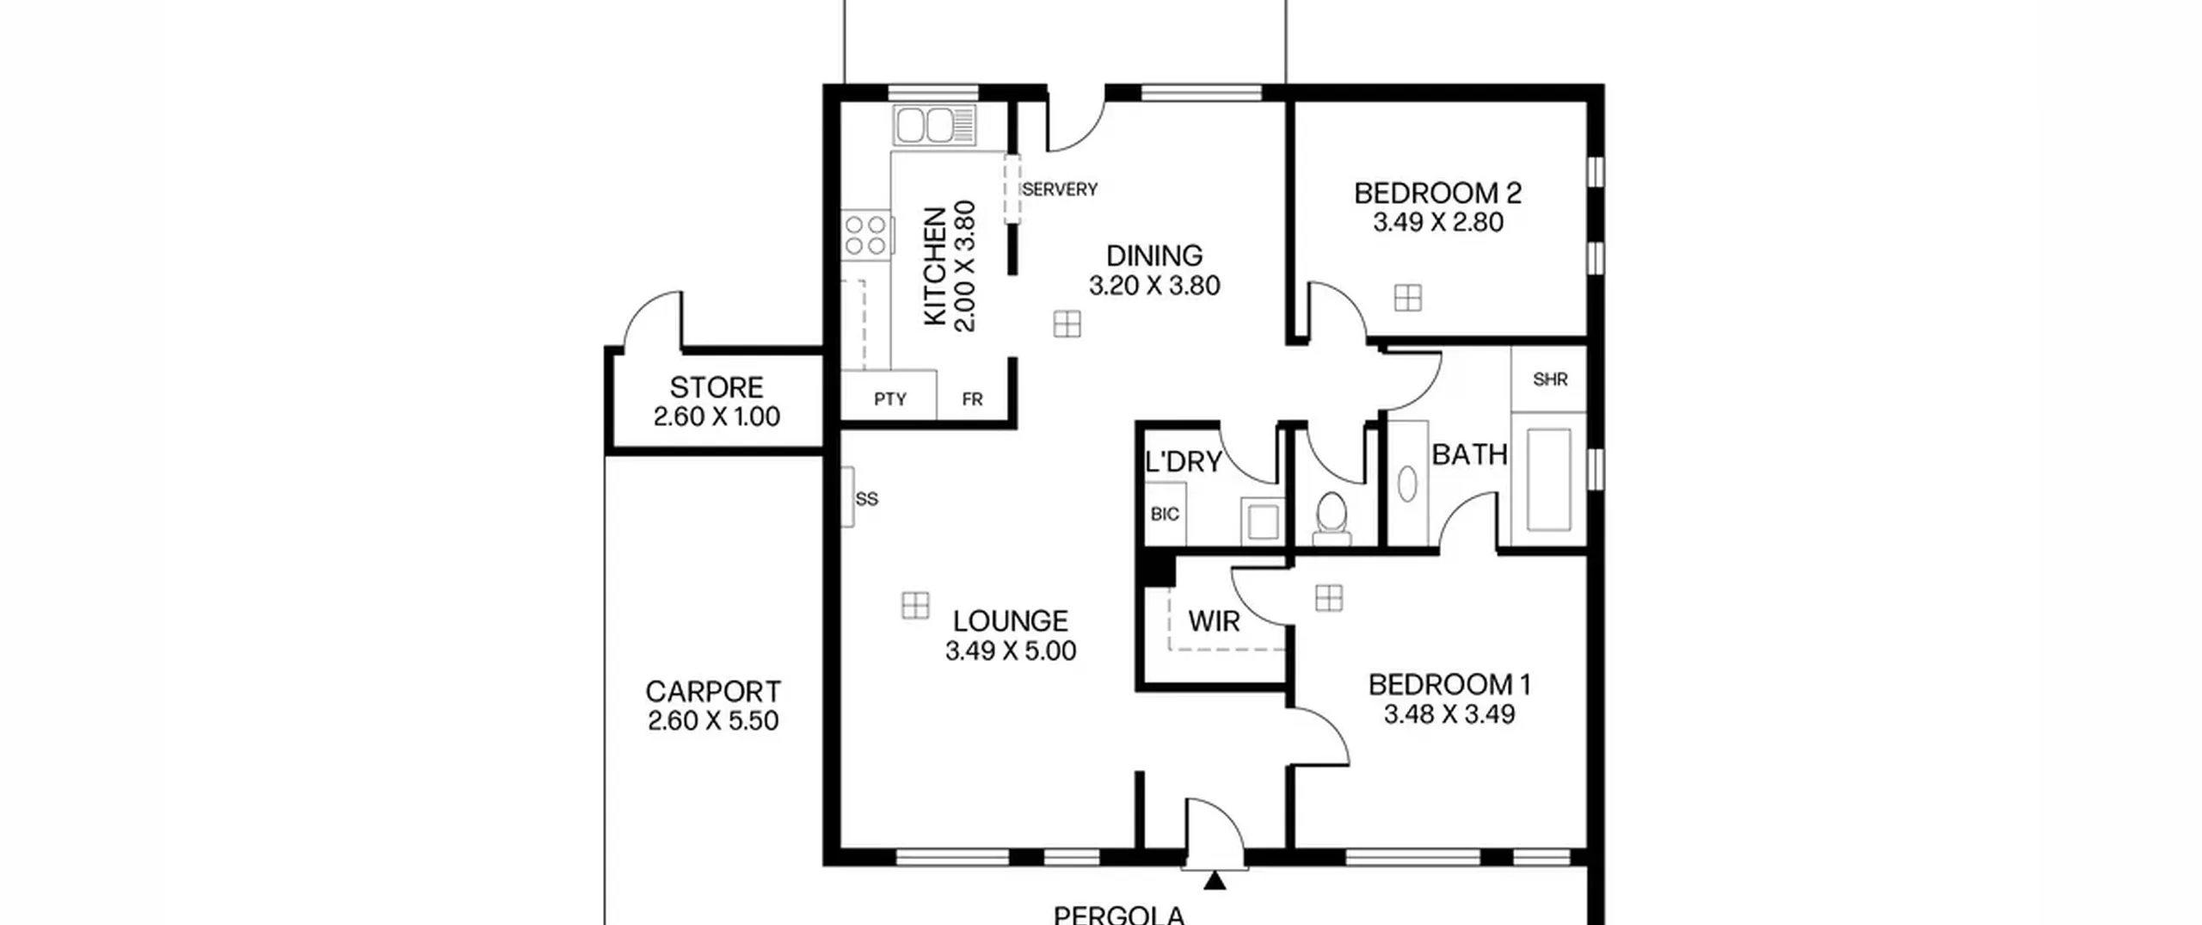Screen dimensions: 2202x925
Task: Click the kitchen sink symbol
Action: pyautogui.click(x=935, y=126)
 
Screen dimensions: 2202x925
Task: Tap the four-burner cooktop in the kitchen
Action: pyautogui.click(x=866, y=235)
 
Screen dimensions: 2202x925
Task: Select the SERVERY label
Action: pyautogui.click(x=1060, y=189)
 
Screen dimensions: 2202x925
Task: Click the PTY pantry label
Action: pyautogui.click(x=890, y=399)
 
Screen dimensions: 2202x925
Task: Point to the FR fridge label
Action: pyautogui.click(x=972, y=399)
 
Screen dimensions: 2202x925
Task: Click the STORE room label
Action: pyautogui.click(x=717, y=387)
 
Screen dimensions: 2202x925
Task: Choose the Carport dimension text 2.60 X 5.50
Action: pyautogui.click(x=713, y=720)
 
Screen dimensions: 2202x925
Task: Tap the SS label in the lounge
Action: pyautogui.click(x=867, y=499)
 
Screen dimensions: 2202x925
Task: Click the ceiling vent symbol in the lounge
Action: pyautogui.click(x=915, y=605)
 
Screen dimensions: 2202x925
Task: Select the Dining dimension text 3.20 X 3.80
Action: pyautogui.click(x=1154, y=286)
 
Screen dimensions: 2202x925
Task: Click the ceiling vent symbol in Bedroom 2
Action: pyautogui.click(x=1408, y=298)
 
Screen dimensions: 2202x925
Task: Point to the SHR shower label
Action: pyautogui.click(x=1550, y=379)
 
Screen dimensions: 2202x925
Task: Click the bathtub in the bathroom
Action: pyautogui.click(x=1549, y=479)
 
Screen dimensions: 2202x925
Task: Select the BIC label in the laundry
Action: pyautogui.click(x=1165, y=515)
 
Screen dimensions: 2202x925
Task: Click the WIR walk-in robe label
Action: pyautogui.click(x=1214, y=621)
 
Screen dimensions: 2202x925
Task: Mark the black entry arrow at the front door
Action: pyautogui.click(x=1215, y=880)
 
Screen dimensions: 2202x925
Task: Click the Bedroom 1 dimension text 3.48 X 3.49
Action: pyautogui.click(x=1449, y=714)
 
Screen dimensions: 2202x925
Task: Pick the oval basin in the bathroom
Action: pyautogui.click(x=1407, y=484)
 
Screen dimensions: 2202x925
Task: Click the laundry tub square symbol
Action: pyautogui.click(x=1263, y=521)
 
